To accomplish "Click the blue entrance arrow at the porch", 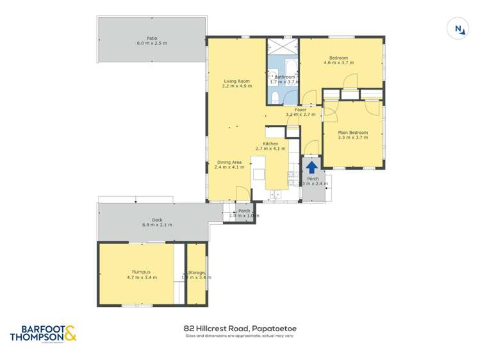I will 311,166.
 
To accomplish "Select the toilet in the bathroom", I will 274,97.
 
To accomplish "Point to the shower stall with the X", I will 283,46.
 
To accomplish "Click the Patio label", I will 151,38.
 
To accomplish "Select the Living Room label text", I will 236,81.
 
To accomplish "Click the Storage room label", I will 196,273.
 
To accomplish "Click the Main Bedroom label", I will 353,133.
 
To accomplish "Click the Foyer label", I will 300,110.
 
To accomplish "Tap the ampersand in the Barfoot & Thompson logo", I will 70,332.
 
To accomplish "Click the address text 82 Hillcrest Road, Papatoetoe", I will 240,329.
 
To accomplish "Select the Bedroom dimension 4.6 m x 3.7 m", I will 338,63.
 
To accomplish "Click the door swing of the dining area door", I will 242,193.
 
